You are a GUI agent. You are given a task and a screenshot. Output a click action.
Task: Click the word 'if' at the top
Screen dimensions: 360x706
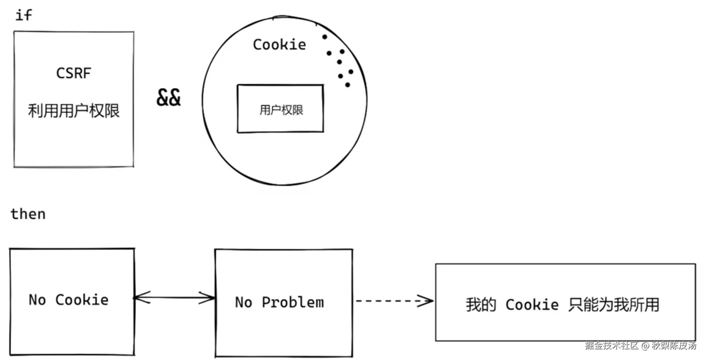[x=24, y=15]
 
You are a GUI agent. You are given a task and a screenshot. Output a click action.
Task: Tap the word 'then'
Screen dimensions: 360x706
[x=28, y=214]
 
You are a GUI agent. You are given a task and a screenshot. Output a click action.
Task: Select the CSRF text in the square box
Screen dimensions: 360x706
[x=74, y=73]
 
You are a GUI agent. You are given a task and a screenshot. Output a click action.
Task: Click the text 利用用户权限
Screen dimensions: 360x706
[x=74, y=111]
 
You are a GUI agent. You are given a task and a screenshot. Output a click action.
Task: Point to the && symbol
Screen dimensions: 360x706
[x=168, y=98]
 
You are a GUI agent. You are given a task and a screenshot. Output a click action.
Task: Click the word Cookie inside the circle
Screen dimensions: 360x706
[x=279, y=45]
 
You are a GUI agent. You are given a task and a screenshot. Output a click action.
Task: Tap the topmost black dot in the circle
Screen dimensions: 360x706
[x=324, y=37]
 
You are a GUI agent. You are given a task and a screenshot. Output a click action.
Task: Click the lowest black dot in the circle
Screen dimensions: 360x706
[x=347, y=85]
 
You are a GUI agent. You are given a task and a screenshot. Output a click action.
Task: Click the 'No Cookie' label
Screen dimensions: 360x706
[x=68, y=300]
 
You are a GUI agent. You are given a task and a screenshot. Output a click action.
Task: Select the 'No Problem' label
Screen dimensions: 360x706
[x=279, y=302]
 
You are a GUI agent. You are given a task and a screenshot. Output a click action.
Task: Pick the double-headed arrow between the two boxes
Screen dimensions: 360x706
[x=174, y=298]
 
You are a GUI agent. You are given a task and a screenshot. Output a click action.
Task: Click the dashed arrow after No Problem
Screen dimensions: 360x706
[x=394, y=301]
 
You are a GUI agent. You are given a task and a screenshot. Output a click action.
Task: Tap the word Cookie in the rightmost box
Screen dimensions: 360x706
[x=532, y=305]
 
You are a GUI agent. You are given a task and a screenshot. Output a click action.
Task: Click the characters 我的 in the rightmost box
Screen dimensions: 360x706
[x=481, y=305]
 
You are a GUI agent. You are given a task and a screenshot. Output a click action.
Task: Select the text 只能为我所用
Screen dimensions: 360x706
[x=614, y=305]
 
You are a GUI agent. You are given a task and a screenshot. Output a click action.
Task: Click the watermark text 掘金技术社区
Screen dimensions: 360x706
[x=612, y=346]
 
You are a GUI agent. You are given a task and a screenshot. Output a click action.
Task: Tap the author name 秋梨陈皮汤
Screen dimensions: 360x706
[x=674, y=346]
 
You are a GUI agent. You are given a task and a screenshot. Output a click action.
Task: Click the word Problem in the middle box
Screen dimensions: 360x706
[x=293, y=302]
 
